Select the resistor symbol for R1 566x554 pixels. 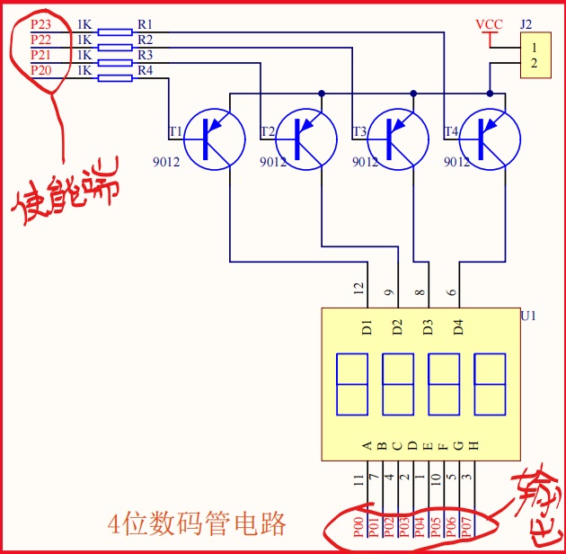pyautogui.click(x=114, y=32)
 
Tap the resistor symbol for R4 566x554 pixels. pyautogui.click(x=114, y=78)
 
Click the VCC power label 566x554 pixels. pyautogui.click(x=489, y=24)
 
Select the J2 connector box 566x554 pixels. pyautogui.click(x=535, y=55)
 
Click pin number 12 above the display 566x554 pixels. pyautogui.click(x=359, y=290)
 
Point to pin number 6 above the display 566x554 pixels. pyautogui.click(x=452, y=291)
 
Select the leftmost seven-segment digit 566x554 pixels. pyautogui.click(x=351, y=384)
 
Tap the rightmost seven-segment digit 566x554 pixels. pyautogui.click(x=490, y=384)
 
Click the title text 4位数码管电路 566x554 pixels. pyautogui.click(x=197, y=523)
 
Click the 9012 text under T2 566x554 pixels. pyautogui.click(x=273, y=163)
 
